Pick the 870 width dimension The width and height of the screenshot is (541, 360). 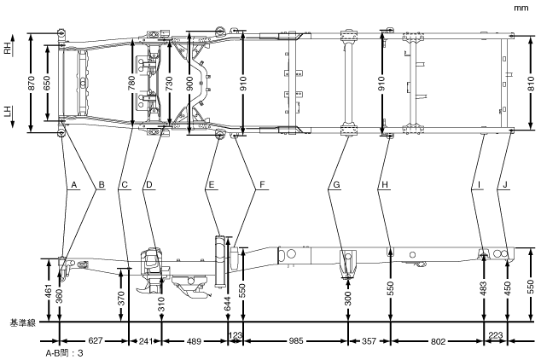(32, 84)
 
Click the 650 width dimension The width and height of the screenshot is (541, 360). (47, 84)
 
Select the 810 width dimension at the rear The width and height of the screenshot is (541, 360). (531, 84)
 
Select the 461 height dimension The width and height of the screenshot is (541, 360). (47, 291)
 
